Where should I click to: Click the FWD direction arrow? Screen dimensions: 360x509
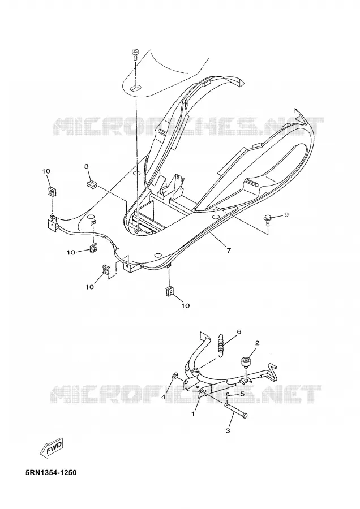point(52,448)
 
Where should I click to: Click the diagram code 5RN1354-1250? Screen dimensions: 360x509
point(51,473)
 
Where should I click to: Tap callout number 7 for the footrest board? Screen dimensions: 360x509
point(229,251)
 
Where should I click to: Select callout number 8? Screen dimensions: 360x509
point(86,166)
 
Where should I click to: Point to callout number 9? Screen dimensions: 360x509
point(286,214)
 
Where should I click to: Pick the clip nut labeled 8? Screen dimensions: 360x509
point(92,185)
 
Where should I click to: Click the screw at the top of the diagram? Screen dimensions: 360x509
point(135,54)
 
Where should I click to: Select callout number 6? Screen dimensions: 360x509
point(239,332)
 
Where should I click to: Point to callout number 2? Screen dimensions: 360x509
point(258,343)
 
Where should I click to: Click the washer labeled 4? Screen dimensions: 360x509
point(175,376)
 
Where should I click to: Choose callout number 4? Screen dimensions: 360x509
point(164,396)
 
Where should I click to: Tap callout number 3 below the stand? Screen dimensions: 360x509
point(228,431)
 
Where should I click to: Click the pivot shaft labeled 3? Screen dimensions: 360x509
point(236,409)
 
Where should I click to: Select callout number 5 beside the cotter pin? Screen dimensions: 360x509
point(242,394)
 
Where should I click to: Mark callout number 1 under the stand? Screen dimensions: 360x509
point(193,414)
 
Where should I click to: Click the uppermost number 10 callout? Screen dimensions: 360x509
point(46,171)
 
